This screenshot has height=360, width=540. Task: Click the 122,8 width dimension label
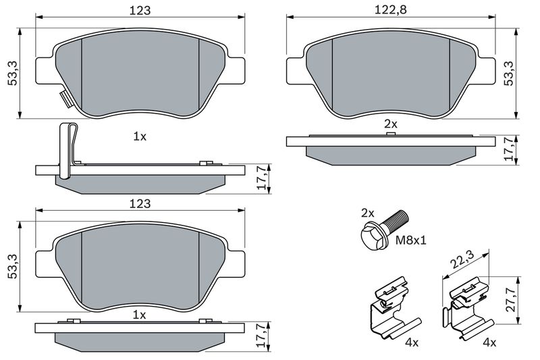[391, 9]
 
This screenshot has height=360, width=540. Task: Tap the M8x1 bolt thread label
[410, 240]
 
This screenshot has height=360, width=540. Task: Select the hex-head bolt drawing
[384, 230]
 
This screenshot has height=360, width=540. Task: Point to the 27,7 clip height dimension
[511, 300]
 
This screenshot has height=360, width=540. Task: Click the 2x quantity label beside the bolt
[367, 213]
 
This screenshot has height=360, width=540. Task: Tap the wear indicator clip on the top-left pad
[65, 99]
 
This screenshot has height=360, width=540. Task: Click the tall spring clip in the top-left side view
[68, 151]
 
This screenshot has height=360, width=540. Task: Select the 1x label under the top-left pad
[140, 136]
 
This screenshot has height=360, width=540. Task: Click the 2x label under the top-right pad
[391, 124]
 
